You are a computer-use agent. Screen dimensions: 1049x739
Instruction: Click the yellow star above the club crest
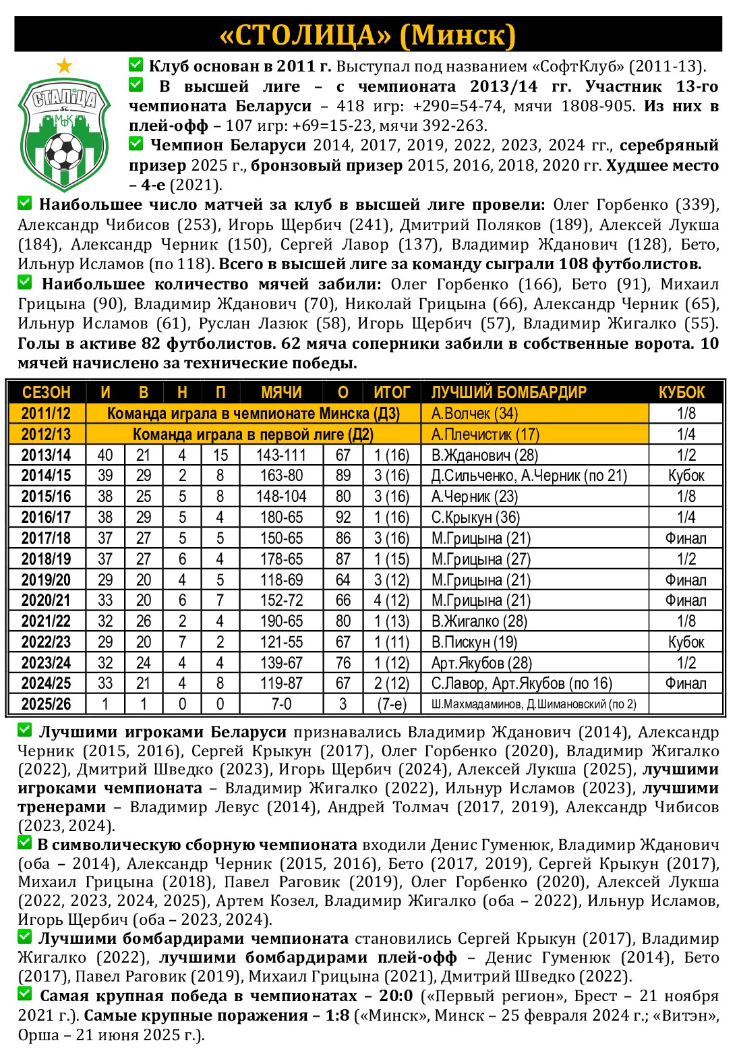(x=64, y=65)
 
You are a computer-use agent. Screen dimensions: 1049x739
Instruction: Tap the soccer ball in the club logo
(x=64, y=150)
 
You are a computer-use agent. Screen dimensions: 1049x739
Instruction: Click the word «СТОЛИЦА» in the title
(x=307, y=35)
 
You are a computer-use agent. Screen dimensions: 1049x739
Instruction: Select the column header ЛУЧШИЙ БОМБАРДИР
(x=508, y=393)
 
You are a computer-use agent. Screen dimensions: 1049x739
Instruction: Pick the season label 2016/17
(x=46, y=517)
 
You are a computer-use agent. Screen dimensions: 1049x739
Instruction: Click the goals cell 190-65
(x=281, y=621)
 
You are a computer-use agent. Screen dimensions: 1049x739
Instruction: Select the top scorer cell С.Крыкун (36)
(x=475, y=517)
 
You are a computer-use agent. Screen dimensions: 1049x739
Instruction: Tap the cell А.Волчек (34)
(x=465, y=414)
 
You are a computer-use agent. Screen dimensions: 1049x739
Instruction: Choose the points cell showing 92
(x=343, y=517)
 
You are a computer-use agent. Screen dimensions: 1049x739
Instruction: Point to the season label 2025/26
(x=46, y=704)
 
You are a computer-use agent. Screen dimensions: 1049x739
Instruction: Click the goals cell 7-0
(x=281, y=704)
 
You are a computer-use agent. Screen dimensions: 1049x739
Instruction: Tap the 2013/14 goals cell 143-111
(x=281, y=455)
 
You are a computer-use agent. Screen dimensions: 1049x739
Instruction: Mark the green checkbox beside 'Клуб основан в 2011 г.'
(x=136, y=65)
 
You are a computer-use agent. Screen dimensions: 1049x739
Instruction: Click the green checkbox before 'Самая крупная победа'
(x=25, y=994)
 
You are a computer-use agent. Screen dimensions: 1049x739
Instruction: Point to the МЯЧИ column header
(x=281, y=393)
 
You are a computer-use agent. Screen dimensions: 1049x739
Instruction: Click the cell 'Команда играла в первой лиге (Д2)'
(x=253, y=434)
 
